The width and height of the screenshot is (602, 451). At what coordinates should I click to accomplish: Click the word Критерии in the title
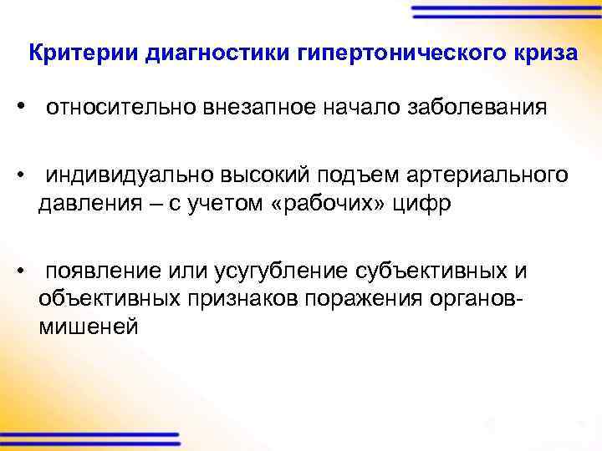tap(82, 54)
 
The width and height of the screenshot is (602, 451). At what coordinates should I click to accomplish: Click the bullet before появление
tap(28, 272)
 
